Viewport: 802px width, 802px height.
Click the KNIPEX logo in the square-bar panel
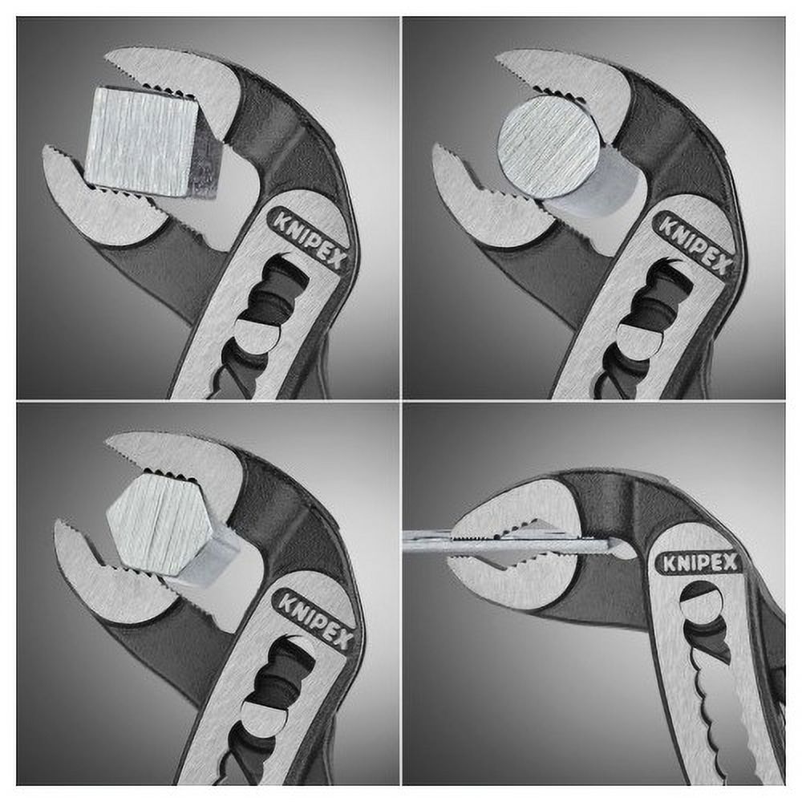pos(307,241)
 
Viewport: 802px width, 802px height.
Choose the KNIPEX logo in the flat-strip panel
pos(697,563)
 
